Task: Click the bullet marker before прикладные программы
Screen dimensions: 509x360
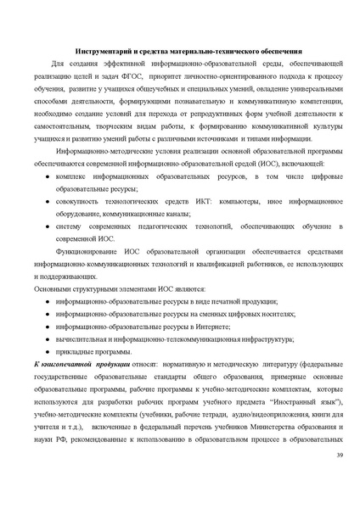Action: (47, 351)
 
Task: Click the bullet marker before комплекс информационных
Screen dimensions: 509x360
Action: (47, 176)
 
